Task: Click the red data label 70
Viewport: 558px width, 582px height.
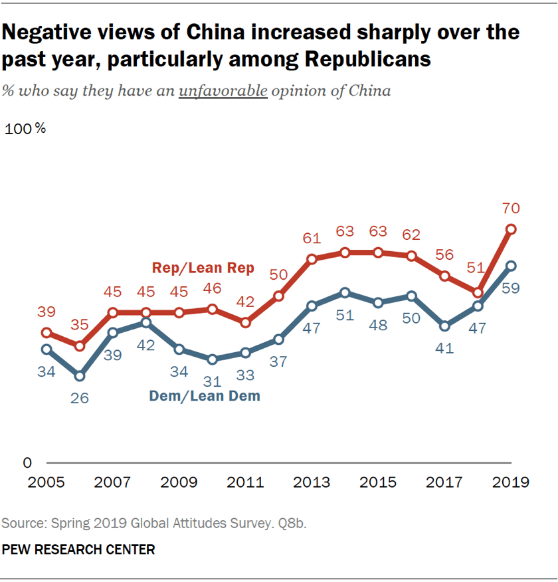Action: pyautogui.click(x=511, y=209)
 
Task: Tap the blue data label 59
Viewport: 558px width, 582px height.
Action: pyautogui.click(x=511, y=290)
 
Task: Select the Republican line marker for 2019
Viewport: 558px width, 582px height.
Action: pyautogui.click(x=511, y=229)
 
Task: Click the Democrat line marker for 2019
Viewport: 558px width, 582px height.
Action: pyautogui.click(x=511, y=266)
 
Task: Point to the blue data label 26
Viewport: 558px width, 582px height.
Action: pyautogui.click(x=80, y=399)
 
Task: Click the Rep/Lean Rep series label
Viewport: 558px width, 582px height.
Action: pyautogui.click(x=203, y=268)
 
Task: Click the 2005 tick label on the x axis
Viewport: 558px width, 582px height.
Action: pyautogui.click(x=46, y=482)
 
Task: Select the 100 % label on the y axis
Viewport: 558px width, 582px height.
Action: pyautogui.click(x=26, y=129)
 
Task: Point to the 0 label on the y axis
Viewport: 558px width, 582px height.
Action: pyautogui.click(x=27, y=462)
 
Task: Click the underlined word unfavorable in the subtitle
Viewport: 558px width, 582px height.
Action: pyautogui.click(x=223, y=90)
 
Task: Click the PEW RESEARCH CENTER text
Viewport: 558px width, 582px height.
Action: pyautogui.click(x=79, y=549)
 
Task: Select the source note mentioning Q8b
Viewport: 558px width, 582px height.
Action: pyautogui.click(x=153, y=524)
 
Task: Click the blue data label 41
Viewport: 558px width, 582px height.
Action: pyautogui.click(x=444, y=348)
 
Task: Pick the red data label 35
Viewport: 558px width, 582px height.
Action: pyautogui.click(x=80, y=325)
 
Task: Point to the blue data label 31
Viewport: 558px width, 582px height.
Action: pyautogui.click(x=212, y=382)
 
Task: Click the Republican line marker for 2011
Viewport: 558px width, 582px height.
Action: pyautogui.click(x=245, y=322)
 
